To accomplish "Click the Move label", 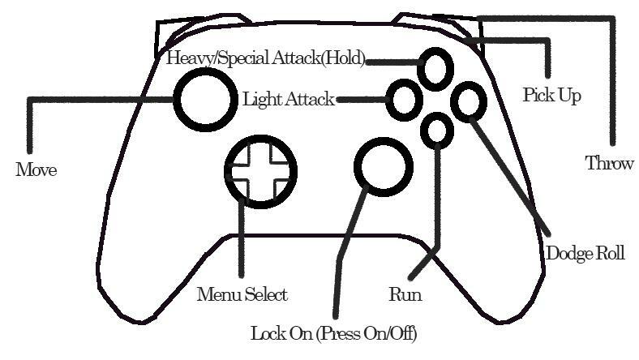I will [x=36, y=170].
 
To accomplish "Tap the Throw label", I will [x=609, y=163].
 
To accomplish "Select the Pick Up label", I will [x=551, y=96].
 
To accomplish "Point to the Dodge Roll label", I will [x=585, y=253].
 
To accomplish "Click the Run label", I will [x=405, y=294].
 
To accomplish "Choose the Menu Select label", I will [x=242, y=294].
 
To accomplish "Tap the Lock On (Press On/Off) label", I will [x=334, y=333].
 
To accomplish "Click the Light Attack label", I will [x=289, y=100].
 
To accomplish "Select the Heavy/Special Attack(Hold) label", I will [x=266, y=58].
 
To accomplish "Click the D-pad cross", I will [x=260, y=170].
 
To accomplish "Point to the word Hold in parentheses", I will [x=349, y=58].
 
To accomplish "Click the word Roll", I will [x=610, y=253].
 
